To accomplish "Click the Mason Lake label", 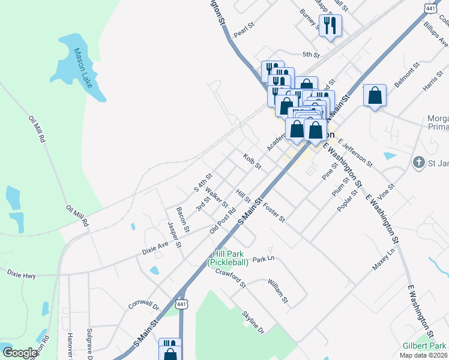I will click(82, 68).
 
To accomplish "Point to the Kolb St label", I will click(253, 161).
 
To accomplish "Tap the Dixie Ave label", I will click(155, 248).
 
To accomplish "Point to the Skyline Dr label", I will click(253, 322).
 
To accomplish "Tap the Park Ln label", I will click(263, 259).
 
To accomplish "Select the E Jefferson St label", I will click(355, 152).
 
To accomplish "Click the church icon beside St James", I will click(420, 162).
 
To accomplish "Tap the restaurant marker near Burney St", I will click(330, 26).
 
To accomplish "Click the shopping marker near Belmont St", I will click(375, 95).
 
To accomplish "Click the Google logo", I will click(20, 353).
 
